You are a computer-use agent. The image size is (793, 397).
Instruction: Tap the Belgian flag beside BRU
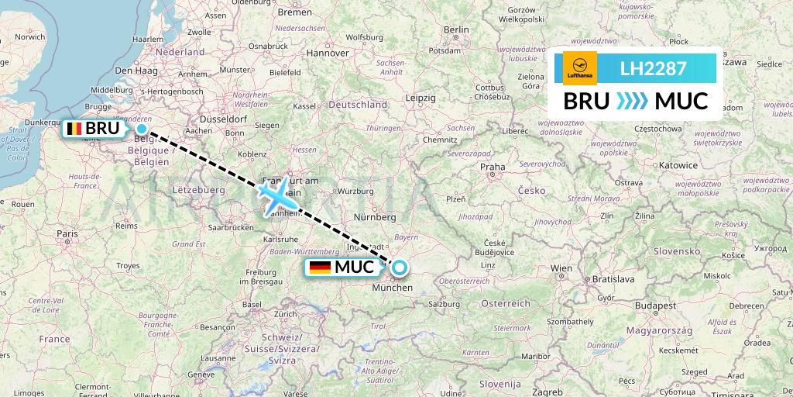coord(75,128)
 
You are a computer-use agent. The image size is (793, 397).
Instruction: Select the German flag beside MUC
coord(320,268)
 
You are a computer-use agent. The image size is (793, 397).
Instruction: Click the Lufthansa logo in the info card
coord(580,68)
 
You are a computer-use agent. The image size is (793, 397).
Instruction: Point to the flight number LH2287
coord(653,68)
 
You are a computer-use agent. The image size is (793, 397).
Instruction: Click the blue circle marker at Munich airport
coord(399,268)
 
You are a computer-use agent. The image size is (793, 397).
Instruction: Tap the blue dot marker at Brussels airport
coord(142,129)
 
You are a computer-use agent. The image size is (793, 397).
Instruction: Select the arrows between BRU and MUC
coord(632,101)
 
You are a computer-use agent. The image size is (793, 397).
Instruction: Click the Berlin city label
coord(457,29)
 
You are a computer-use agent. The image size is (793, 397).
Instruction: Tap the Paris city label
coord(67,233)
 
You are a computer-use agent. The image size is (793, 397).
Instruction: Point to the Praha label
coord(493,167)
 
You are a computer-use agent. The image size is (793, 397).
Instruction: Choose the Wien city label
coord(561,268)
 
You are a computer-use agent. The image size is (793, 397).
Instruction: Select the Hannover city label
coord(328,53)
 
